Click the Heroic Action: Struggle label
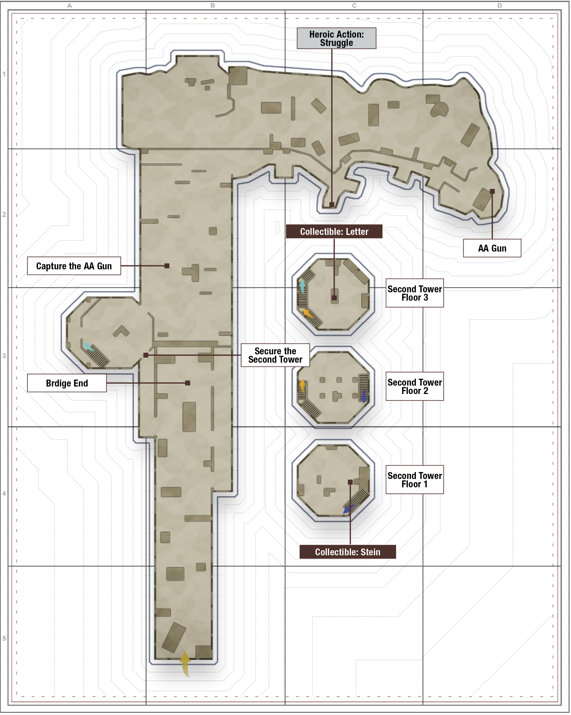(337, 38)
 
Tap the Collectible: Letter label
(334, 232)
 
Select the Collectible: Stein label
(348, 552)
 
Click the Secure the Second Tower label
(276, 355)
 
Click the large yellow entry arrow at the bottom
(186, 663)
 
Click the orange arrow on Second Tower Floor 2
(302, 386)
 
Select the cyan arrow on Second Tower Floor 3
(302, 287)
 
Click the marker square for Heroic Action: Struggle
(332, 205)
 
